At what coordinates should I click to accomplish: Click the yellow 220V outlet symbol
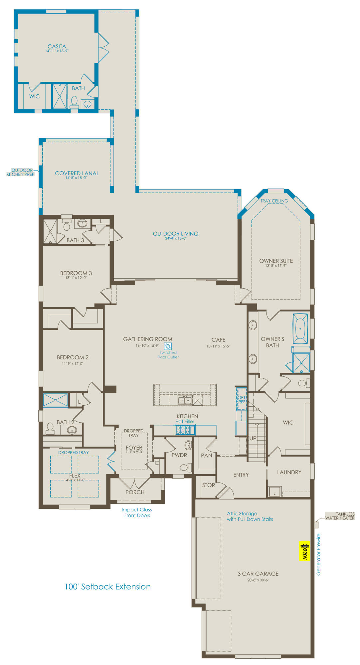304,551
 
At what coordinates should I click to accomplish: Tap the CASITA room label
57,47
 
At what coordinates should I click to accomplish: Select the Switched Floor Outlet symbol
168,346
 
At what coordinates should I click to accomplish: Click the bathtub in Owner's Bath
300,329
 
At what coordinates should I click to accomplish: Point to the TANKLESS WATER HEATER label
340,516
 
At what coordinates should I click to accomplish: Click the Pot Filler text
185,421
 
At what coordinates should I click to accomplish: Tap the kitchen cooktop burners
183,430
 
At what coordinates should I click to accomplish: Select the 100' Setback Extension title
107,587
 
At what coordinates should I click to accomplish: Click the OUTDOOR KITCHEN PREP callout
21,172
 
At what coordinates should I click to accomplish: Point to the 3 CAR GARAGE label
258,574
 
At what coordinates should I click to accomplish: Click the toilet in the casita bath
74,102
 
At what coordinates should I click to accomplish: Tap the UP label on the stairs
253,438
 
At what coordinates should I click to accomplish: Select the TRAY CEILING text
274,201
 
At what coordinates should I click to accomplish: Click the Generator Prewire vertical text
318,555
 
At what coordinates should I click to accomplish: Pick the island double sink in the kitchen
185,400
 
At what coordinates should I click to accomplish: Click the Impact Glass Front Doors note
137,512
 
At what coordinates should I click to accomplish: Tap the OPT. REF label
242,400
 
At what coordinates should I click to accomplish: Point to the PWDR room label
179,455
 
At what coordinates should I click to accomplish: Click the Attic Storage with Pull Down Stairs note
250,516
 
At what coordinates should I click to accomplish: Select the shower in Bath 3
50,231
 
